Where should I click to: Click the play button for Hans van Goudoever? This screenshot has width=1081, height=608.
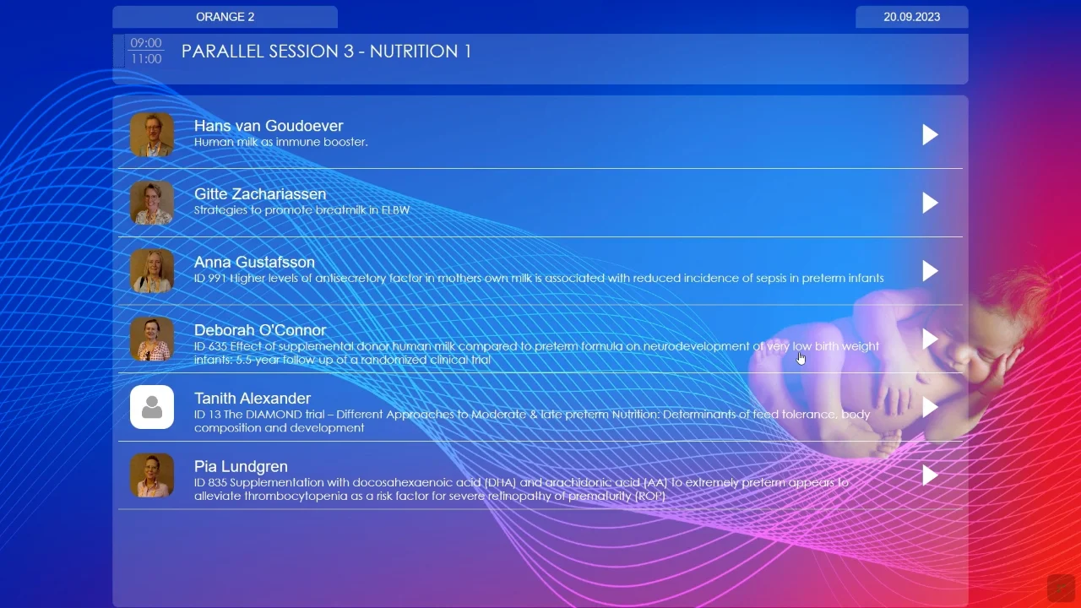[930, 135]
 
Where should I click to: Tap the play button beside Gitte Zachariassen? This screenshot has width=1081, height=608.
[930, 203]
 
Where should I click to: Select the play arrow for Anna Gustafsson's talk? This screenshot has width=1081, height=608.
[930, 271]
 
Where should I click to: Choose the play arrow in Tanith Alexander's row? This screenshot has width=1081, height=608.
[930, 407]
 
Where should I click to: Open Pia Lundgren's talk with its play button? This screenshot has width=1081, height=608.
[930, 475]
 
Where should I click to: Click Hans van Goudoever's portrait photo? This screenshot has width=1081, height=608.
[152, 135]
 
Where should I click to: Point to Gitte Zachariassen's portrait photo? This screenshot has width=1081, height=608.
[152, 203]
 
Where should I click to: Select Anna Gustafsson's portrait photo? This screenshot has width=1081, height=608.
[152, 271]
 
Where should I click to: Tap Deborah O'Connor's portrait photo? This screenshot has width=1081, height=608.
[152, 339]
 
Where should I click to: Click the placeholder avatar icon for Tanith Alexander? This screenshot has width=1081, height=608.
[152, 407]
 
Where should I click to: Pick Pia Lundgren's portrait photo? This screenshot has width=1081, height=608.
[152, 475]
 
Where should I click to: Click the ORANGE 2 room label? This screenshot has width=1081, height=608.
[225, 17]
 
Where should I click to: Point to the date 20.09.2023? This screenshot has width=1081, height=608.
[911, 17]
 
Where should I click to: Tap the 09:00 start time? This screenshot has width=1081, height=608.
[146, 43]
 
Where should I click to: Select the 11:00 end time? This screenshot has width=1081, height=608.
[146, 59]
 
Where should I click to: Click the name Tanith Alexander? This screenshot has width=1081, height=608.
[253, 399]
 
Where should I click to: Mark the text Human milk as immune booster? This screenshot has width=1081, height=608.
[280, 142]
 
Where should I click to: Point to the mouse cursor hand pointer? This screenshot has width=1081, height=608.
[801, 358]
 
